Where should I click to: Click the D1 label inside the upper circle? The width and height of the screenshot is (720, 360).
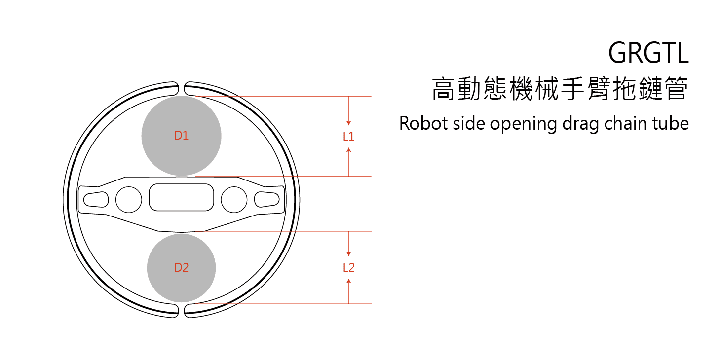click(x=181, y=136)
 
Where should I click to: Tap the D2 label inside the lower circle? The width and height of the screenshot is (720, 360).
click(x=181, y=268)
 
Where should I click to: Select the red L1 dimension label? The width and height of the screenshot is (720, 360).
click(x=349, y=137)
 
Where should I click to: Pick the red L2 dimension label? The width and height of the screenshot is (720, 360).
click(x=349, y=268)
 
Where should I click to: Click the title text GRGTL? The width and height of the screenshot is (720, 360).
click(x=648, y=53)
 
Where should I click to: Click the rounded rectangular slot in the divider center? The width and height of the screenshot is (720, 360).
click(x=181, y=197)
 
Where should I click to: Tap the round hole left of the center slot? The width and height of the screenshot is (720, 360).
click(x=128, y=199)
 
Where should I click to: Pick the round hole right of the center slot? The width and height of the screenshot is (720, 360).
click(x=234, y=199)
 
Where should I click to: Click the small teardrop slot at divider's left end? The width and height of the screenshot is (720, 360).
click(x=96, y=199)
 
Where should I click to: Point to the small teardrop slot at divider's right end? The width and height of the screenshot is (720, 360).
click(x=267, y=199)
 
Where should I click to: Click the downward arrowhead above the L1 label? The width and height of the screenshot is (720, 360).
click(x=349, y=122)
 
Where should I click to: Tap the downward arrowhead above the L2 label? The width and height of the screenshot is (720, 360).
click(x=349, y=253)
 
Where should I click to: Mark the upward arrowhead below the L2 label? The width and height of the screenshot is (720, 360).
click(x=349, y=281)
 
